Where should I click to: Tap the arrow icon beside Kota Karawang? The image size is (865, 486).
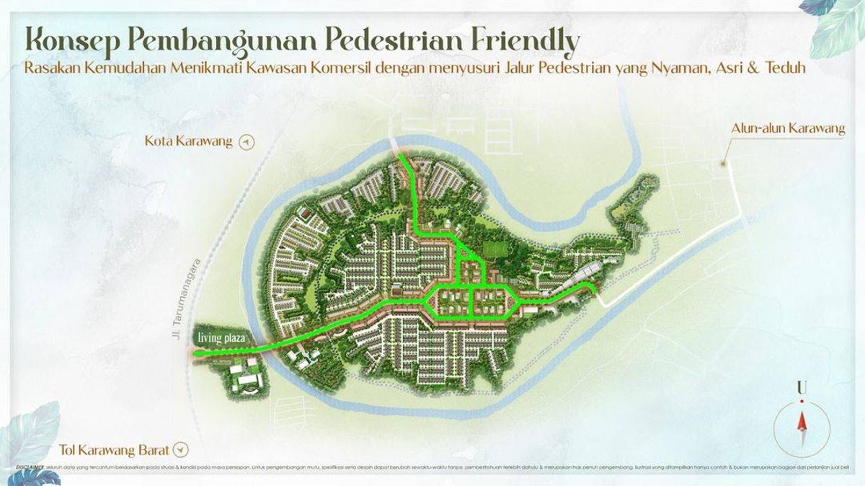(x=247, y=141)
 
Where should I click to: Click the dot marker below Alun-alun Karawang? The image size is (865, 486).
(x=724, y=164)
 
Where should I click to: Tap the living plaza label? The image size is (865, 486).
(x=224, y=337)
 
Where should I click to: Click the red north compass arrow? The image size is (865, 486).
(x=800, y=423)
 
